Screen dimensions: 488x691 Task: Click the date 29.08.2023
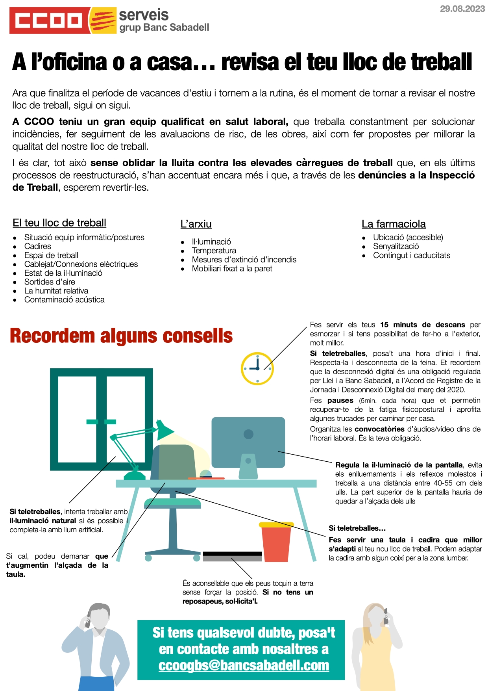462,9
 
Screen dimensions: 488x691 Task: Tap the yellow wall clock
257,368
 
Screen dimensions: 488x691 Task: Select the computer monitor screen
248,442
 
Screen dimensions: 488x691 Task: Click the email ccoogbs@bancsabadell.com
244,665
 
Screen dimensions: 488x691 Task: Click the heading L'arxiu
196,224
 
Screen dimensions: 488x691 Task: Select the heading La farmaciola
394,224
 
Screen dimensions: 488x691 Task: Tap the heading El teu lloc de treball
59,223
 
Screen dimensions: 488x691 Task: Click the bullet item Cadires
38,246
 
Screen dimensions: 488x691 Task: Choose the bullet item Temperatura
214,251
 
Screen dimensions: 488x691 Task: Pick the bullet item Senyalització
396,246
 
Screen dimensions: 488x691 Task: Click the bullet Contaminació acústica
65,300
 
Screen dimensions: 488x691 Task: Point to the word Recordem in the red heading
52,336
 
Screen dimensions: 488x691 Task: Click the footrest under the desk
232,556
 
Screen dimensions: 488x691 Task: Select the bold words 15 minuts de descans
423,325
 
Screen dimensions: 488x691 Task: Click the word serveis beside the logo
144,15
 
